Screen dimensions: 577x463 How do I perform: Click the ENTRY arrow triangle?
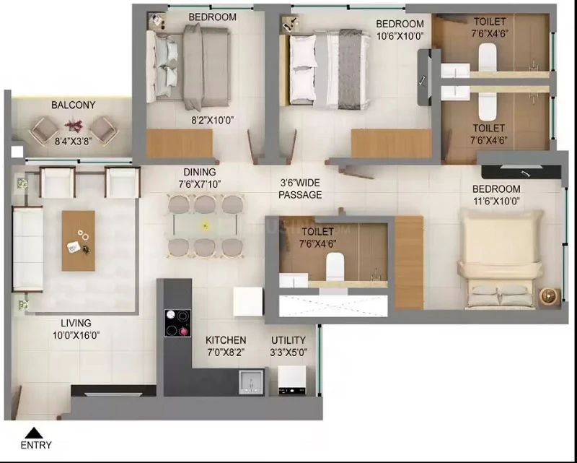(34, 433)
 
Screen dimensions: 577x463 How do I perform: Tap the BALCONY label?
(74, 105)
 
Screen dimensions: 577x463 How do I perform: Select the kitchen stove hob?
(177, 323)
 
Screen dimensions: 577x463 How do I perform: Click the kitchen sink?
(251, 382)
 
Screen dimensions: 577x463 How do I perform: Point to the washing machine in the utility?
(292, 380)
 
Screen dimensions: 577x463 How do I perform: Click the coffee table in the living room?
(79, 241)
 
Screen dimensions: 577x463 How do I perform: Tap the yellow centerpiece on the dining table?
(206, 225)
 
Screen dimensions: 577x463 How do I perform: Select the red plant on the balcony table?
(74, 126)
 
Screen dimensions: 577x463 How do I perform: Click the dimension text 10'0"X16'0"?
(76, 335)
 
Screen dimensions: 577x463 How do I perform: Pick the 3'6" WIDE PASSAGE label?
(300, 189)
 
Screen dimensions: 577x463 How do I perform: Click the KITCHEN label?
(226, 340)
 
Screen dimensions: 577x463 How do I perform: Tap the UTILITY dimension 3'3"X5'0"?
(288, 352)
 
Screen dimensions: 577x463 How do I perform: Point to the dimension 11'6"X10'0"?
(496, 202)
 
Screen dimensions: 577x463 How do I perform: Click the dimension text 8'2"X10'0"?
(211, 120)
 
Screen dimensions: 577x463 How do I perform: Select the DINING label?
(200, 172)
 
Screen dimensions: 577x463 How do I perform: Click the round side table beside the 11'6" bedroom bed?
(550, 297)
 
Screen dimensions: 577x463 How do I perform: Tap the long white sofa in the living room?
(27, 249)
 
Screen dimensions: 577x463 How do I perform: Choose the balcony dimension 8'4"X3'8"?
(73, 141)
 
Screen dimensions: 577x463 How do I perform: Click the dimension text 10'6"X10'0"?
(400, 36)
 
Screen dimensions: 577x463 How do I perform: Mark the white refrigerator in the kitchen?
(247, 302)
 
